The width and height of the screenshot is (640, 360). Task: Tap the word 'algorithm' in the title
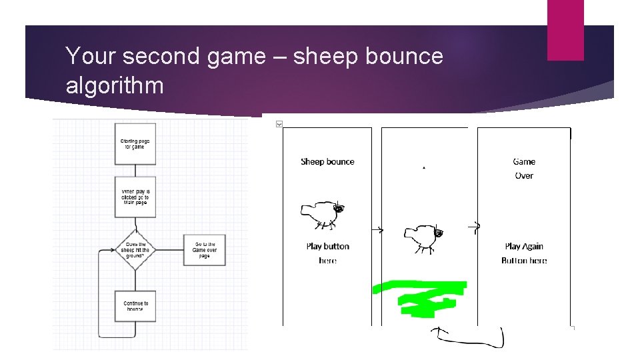(x=115, y=85)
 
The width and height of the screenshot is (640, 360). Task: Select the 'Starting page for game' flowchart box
(x=135, y=143)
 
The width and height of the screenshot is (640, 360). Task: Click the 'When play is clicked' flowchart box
(x=135, y=197)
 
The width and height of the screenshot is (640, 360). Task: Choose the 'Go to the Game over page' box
(x=205, y=250)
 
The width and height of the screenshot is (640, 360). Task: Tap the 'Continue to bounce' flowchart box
(x=135, y=307)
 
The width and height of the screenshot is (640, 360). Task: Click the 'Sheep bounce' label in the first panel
(x=327, y=162)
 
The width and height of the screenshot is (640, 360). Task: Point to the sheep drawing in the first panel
(x=323, y=213)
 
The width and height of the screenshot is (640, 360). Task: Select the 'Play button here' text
(x=327, y=253)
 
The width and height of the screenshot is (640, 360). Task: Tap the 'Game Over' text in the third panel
(x=524, y=169)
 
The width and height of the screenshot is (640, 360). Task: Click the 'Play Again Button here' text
(x=524, y=253)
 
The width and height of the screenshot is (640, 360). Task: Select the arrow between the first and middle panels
(x=377, y=231)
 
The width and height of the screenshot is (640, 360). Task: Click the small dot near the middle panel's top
(x=424, y=168)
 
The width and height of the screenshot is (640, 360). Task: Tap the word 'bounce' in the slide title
(x=405, y=57)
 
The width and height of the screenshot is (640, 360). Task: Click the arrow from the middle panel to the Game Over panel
(x=475, y=227)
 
